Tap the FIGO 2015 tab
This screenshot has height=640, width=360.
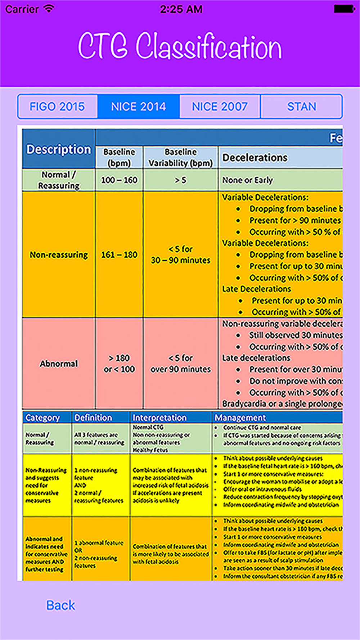tap(57, 107)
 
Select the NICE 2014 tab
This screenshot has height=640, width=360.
tap(139, 107)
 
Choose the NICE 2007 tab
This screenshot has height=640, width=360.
tap(220, 107)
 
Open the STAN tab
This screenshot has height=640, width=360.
tap(301, 107)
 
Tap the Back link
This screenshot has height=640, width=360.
tap(61, 605)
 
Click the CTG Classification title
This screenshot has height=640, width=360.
tap(180, 46)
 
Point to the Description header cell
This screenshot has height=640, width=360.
tap(59, 149)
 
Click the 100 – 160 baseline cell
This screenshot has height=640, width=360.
tap(119, 180)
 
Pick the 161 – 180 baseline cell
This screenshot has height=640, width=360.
tap(119, 254)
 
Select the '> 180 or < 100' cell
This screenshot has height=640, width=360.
tap(119, 364)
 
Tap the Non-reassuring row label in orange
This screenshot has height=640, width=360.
tap(59, 254)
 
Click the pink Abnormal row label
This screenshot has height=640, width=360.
tap(59, 364)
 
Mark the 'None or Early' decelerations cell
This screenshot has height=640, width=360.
tap(247, 180)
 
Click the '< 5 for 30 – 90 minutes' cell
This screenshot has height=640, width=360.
tap(181, 254)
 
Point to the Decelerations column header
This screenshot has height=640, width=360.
tap(255, 158)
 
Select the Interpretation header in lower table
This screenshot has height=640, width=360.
tap(159, 418)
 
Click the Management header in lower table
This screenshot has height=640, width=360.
tap(240, 418)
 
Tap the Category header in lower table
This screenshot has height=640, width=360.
tap(42, 418)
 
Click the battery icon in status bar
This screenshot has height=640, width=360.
tap(345, 9)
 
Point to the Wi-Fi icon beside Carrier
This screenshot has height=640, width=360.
tap(49, 9)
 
